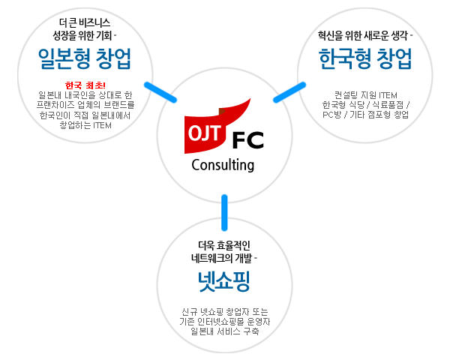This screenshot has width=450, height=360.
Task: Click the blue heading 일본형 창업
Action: pyautogui.click(x=85, y=58)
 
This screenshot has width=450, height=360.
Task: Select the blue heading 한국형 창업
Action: pyautogui.click(x=365, y=58)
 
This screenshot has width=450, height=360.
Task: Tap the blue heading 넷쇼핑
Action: pyautogui.click(x=223, y=281)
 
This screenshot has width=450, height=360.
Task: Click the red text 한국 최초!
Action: pyautogui.click(x=85, y=85)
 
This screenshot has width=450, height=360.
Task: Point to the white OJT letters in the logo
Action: pyautogui.click(x=205, y=133)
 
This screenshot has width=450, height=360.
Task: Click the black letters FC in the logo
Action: pyautogui.click(x=248, y=140)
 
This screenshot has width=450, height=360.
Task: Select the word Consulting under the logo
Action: pyautogui.click(x=223, y=165)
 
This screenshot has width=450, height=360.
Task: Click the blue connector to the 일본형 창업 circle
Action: pyautogui.click(x=160, y=92)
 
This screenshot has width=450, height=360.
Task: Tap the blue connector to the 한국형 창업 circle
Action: pyautogui.click(x=289, y=92)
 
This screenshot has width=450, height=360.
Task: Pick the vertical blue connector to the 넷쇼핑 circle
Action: pyautogui.click(x=224, y=212)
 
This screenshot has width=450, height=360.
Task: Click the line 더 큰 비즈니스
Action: pyautogui.click(x=85, y=22)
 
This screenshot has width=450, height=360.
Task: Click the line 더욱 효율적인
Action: pyautogui.click(x=224, y=245)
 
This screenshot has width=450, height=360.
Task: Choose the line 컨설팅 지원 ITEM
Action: pyautogui.click(x=366, y=95)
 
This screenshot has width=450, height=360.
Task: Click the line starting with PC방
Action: pyautogui.click(x=366, y=115)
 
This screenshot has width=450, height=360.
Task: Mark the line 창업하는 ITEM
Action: pyautogui.click(x=85, y=125)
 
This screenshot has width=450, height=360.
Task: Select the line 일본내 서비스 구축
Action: pyautogui.click(x=225, y=331)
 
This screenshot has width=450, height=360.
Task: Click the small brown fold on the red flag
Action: pyautogui.click(x=222, y=112)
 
